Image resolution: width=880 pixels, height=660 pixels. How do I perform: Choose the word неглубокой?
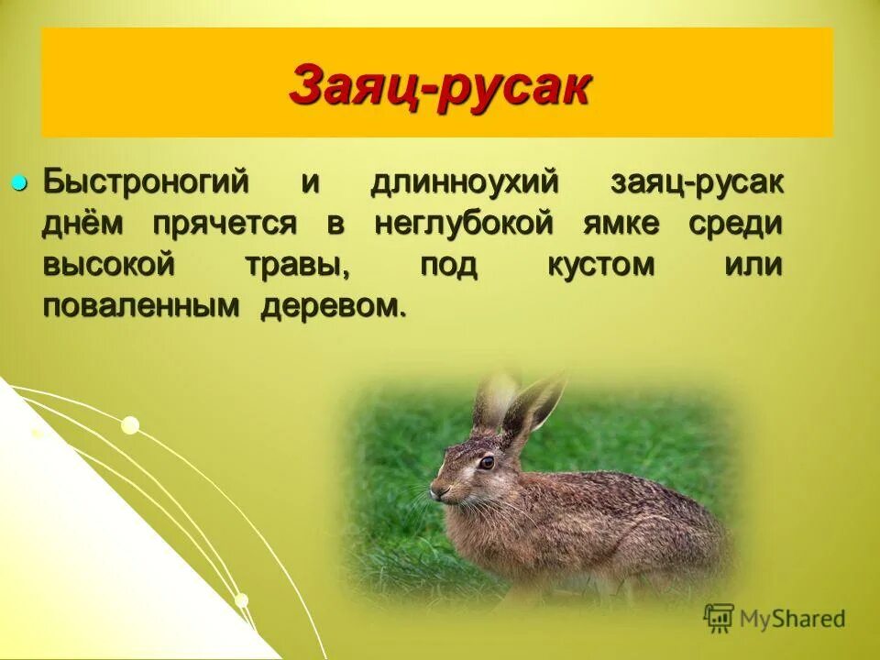tap(465, 224)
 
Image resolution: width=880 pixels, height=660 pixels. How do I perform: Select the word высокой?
tap(108, 266)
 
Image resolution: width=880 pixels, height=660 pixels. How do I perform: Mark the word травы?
tap(297, 266)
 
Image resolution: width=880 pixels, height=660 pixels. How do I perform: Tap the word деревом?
tap(331, 307)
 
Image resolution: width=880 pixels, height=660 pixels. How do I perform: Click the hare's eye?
tap(486, 462)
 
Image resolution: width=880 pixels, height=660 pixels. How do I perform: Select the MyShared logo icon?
tap(719, 618)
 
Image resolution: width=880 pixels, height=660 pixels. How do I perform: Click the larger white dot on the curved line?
tap(130, 424)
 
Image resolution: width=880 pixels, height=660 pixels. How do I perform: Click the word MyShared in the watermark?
tap(793, 619)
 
